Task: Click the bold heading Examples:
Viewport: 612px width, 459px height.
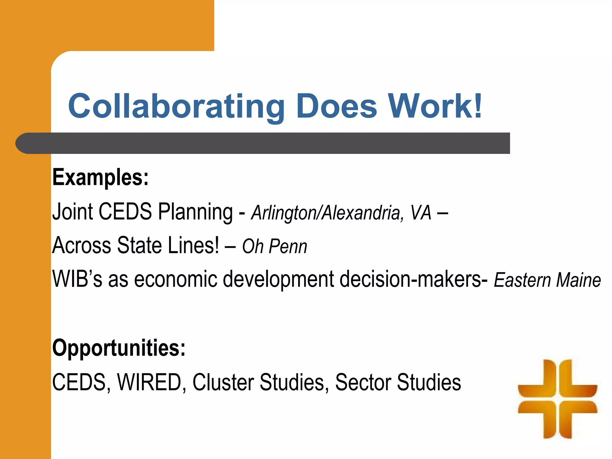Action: coord(100,178)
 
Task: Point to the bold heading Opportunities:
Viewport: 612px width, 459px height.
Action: coord(119,348)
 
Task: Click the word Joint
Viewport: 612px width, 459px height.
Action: coord(73,212)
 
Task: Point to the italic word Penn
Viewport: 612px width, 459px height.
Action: coord(288,247)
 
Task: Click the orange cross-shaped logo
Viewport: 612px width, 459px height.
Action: coord(557,399)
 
